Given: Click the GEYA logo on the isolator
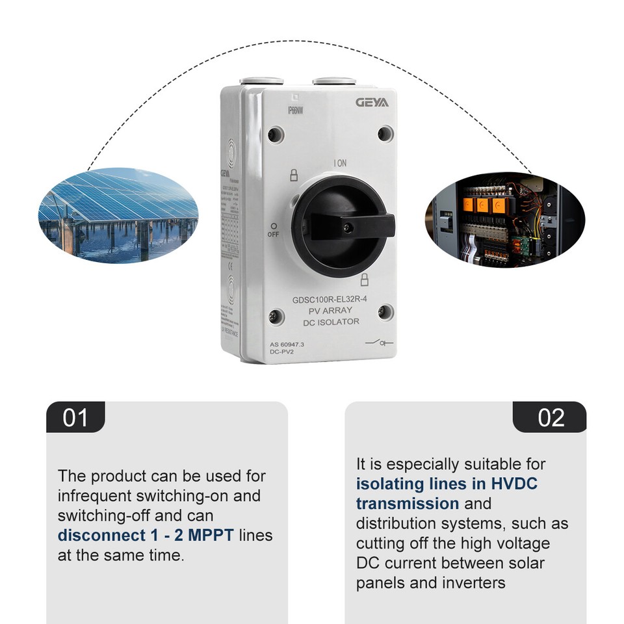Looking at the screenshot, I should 372,103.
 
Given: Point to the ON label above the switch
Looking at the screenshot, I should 341,163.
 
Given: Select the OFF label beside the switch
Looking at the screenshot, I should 273,233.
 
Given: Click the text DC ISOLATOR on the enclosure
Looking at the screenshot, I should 331,322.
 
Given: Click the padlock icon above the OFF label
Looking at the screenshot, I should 293,175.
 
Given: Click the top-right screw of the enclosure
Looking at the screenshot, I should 385,135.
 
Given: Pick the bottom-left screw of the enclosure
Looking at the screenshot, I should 276,317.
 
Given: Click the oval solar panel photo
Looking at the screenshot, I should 118,214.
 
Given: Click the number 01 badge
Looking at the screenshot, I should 75,417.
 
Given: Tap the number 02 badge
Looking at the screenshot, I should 550,417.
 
